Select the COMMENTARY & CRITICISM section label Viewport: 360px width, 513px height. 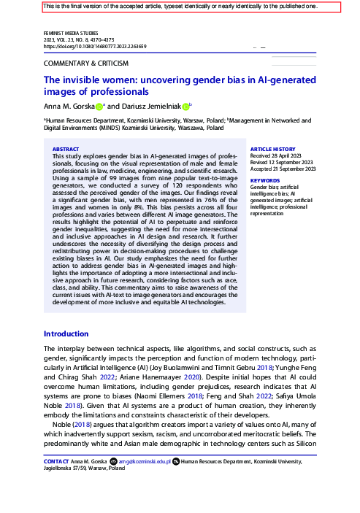point(86,63)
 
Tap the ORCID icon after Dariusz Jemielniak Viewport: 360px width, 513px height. point(186,107)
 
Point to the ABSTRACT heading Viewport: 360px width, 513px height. point(66,148)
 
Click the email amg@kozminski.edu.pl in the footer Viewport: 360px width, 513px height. point(145,462)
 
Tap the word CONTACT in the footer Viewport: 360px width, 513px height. point(57,462)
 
